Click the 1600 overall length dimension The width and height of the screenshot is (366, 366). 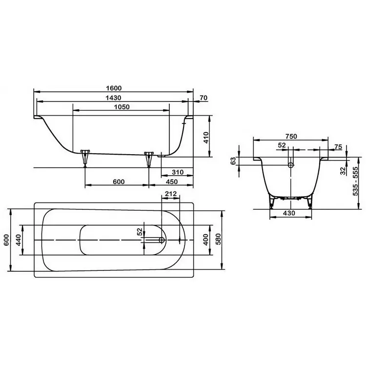click(114, 88)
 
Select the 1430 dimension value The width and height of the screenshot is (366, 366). click(113, 98)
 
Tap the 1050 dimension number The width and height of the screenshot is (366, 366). click(122, 107)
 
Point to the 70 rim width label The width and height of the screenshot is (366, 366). click(203, 98)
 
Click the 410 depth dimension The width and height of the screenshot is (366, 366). click(206, 138)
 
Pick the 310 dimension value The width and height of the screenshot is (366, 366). click(178, 172)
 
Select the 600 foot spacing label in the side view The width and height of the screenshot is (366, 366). click(119, 182)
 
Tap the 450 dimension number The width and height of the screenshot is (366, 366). click(172, 182)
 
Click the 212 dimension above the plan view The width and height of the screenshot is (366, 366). click(171, 194)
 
